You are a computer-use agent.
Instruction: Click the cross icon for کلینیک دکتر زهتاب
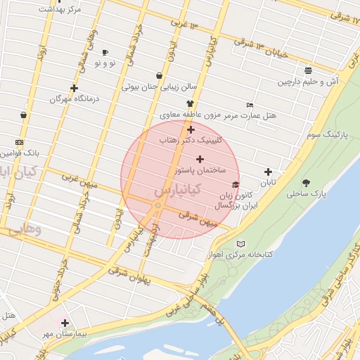(x=191, y=129)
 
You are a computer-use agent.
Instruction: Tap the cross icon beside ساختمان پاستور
(x=200, y=160)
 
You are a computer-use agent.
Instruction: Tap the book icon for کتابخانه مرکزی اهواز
(x=242, y=243)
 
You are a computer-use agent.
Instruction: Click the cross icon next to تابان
(x=268, y=172)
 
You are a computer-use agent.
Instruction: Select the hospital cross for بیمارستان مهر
(x=65, y=323)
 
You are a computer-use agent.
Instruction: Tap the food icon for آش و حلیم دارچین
(x=309, y=70)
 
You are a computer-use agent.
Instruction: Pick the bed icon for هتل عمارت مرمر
(x=250, y=105)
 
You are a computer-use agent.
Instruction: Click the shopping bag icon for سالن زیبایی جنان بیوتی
(x=159, y=76)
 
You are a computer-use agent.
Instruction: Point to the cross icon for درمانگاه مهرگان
(x=74, y=88)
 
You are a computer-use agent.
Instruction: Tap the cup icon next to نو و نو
(x=105, y=53)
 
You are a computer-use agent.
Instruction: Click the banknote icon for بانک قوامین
(x=19, y=142)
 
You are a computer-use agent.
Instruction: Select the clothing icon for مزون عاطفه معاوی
(x=189, y=103)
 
